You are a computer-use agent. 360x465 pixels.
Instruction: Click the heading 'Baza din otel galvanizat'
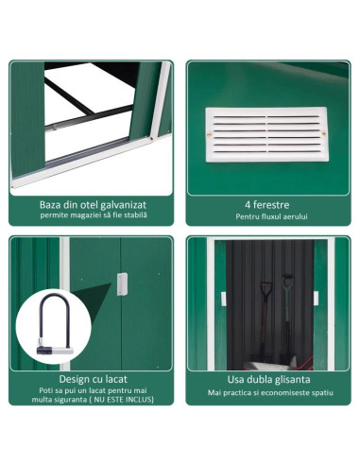click(x=92, y=202)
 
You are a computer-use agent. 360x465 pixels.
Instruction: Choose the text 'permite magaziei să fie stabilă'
click(x=92, y=216)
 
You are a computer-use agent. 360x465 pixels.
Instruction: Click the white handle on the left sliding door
click(x=224, y=299)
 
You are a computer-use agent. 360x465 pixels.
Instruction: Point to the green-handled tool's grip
click(x=287, y=281)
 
